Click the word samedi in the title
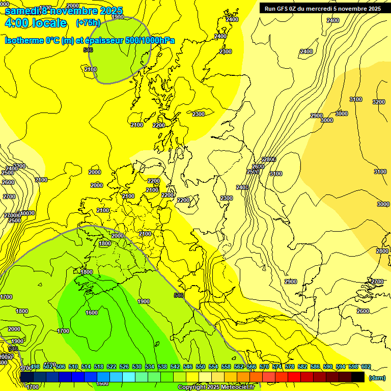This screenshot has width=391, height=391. [x=22, y=11]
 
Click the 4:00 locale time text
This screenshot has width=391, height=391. [x=35, y=23]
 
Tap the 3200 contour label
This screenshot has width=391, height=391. [x=379, y=102]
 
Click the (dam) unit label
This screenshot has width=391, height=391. [x=376, y=377]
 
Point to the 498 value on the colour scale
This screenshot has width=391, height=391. [x=35, y=367]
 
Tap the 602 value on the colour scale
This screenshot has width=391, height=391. [x=366, y=367]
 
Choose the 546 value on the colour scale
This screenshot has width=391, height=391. [x=188, y=367]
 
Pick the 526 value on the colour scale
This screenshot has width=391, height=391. [x=124, y=367]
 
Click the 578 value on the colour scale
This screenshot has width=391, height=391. [x=289, y=367]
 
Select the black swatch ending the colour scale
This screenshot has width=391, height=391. [x=358, y=377]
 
